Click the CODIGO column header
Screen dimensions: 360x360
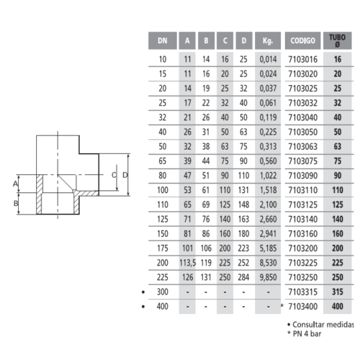[302, 40]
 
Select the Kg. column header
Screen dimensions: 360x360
[268, 40]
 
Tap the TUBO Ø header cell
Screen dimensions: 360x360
[337, 40]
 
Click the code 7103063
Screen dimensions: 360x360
[303, 146]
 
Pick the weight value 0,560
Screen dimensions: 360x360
[268, 161]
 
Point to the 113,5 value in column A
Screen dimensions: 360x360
[187, 263]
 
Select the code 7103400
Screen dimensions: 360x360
[303, 307]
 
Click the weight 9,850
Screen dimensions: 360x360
[268, 277]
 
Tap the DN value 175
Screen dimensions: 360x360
[163, 248]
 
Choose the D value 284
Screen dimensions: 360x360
[243, 277]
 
